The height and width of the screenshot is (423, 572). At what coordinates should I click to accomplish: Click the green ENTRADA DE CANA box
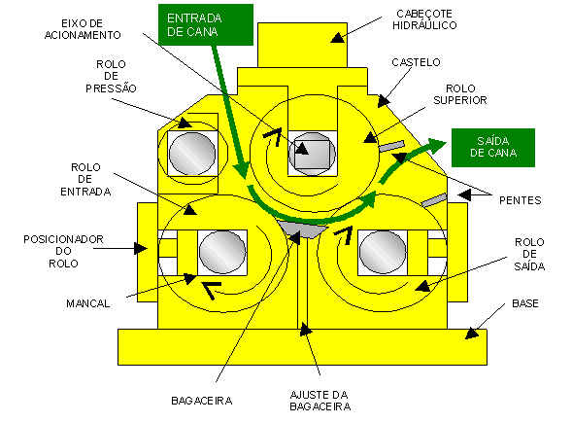click(206, 25)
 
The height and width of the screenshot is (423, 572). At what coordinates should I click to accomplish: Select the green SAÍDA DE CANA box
click(493, 148)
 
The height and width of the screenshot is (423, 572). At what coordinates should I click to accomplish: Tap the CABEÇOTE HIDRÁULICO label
click(424, 19)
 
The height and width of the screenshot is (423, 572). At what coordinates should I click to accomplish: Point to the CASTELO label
click(416, 62)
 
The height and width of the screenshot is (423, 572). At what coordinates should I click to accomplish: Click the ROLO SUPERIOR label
click(460, 94)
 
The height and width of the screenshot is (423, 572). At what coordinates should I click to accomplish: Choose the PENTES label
click(521, 200)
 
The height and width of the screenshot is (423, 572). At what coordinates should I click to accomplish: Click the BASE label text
click(525, 303)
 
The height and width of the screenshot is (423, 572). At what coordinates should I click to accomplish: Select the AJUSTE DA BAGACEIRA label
click(320, 401)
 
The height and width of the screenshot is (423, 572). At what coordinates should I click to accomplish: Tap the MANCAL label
click(88, 303)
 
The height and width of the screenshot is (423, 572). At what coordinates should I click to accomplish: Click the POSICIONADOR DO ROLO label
click(63, 251)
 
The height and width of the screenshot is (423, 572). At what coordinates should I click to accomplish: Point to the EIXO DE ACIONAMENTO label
click(83, 29)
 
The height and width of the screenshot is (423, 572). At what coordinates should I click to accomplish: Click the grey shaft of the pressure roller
click(192, 154)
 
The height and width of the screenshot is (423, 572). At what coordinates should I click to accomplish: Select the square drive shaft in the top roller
click(312, 155)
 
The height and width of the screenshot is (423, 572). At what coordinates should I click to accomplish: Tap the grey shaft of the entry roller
click(222, 252)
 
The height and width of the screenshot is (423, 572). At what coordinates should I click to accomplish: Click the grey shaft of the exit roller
click(383, 252)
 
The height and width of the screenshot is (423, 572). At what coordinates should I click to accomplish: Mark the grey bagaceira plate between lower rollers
click(303, 229)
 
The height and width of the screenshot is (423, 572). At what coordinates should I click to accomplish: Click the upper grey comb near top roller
click(391, 146)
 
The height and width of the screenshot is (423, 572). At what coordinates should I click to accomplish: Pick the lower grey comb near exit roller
click(434, 199)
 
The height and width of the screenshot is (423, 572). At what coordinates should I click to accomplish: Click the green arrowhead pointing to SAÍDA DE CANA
click(437, 144)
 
